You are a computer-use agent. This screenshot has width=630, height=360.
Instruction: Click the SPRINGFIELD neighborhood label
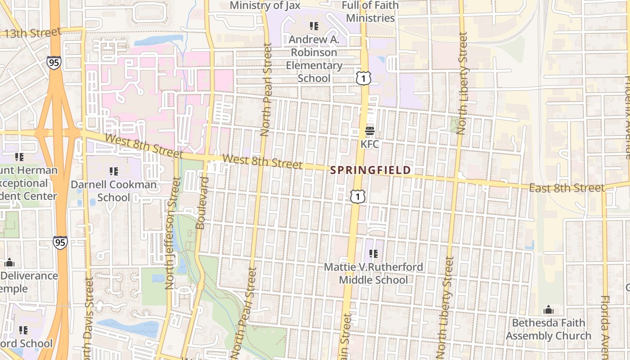pyautogui.click(x=370, y=170)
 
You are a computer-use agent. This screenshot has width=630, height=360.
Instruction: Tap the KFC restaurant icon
pyautogui.click(x=370, y=131)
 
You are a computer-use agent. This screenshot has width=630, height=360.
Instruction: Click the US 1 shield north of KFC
pyautogui.click(x=364, y=78)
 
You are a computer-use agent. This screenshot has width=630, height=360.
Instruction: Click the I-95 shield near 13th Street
pyautogui.click(x=54, y=62)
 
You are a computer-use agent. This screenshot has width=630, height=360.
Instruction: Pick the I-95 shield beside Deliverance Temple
pyautogui.click(x=60, y=243)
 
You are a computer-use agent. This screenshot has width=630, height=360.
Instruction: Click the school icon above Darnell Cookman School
pyautogui.click(x=113, y=171)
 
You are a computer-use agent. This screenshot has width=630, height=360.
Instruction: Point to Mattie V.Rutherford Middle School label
pyautogui.click(x=373, y=273)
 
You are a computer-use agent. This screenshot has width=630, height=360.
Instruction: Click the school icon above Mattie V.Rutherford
pyautogui.click(x=373, y=254)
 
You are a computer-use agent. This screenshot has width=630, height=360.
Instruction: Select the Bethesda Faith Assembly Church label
pyautogui.click(x=548, y=329)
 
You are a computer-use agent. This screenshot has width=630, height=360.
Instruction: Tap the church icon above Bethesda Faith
pyautogui.click(x=548, y=310)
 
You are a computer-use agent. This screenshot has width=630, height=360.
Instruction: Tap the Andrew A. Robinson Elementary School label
pyautogui.click(x=314, y=58)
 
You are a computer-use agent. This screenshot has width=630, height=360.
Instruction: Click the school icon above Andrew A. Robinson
pyautogui.click(x=314, y=26)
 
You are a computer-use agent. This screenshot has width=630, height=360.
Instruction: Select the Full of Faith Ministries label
pyautogui.click(x=370, y=12)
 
